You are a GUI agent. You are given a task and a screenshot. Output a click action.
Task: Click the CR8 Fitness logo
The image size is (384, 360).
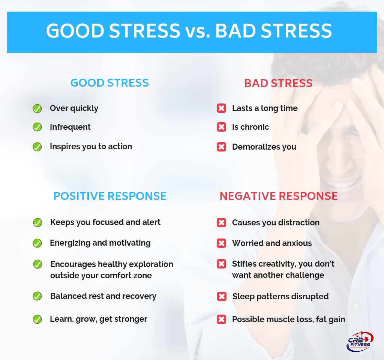click(x=359, y=341)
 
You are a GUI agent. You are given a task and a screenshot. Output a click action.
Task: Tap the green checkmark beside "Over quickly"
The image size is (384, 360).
click(x=37, y=108)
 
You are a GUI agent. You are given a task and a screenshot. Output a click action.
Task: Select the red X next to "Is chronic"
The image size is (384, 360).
click(x=222, y=127)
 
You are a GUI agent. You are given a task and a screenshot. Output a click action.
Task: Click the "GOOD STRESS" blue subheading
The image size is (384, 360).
click(x=109, y=83)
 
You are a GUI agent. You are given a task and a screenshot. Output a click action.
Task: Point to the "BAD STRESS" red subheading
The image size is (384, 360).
click(x=278, y=83)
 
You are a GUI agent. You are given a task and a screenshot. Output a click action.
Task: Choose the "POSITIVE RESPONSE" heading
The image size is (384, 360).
click(x=110, y=196)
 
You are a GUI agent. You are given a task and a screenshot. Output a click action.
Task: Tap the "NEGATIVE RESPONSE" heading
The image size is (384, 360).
click(x=279, y=196)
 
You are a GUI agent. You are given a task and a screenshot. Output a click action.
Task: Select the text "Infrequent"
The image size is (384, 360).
click(x=70, y=127)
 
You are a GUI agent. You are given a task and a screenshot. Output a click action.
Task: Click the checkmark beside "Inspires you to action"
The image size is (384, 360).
click(x=37, y=147)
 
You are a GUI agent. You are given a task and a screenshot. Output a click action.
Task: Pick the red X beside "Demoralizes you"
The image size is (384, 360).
click(x=222, y=147)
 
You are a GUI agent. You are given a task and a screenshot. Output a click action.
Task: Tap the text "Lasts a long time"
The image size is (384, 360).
click(x=265, y=108)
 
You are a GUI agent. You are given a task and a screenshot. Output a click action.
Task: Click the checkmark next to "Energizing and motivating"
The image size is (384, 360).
click(x=37, y=243)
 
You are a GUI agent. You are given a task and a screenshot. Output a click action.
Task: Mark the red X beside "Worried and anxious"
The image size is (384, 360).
click(x=222, y=243)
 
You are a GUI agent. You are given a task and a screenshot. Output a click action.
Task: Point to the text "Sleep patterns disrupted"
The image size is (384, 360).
click(x=280, y=297)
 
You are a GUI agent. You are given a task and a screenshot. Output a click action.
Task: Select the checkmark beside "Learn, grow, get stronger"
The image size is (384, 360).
click(x=37, y=319)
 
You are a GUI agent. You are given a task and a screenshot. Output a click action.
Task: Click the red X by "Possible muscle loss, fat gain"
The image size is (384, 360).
click(x=222, y=319)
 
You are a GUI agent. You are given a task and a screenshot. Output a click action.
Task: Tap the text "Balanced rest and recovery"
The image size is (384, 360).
click(x=103, y=296)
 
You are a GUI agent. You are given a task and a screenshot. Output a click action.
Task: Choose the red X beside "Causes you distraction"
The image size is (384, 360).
click(x=222, y=223)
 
